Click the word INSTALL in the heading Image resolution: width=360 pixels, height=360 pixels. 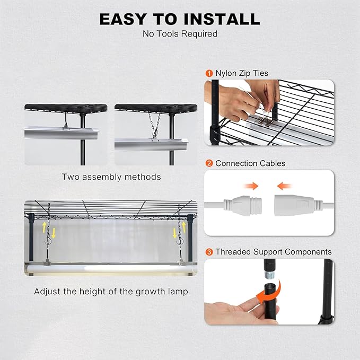(222, 19)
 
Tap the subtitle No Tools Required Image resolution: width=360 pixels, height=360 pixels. (180, 34)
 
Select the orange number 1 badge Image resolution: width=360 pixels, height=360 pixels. (209, 74)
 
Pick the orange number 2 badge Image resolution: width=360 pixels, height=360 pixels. (209, 163)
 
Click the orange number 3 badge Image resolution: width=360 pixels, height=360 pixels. (209, 252)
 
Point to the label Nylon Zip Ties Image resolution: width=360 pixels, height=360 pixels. (242, 73)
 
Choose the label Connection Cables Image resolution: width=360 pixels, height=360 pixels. (250, 163)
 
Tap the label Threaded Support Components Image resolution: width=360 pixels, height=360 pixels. (274, 252)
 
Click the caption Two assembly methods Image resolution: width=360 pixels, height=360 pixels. (111, 177)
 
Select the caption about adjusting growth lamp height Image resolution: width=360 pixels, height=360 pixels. (111, 292)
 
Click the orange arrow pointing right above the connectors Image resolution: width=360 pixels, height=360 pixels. (251, 186)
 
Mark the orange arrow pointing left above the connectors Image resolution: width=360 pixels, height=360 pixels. (284, 186)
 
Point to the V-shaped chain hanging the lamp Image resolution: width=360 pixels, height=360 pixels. (155, 125)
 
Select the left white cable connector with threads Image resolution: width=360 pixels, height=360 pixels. (243, 205)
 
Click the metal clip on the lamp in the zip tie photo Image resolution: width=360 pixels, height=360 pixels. (266, 121)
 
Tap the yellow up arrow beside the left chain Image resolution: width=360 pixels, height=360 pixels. (45, 227)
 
